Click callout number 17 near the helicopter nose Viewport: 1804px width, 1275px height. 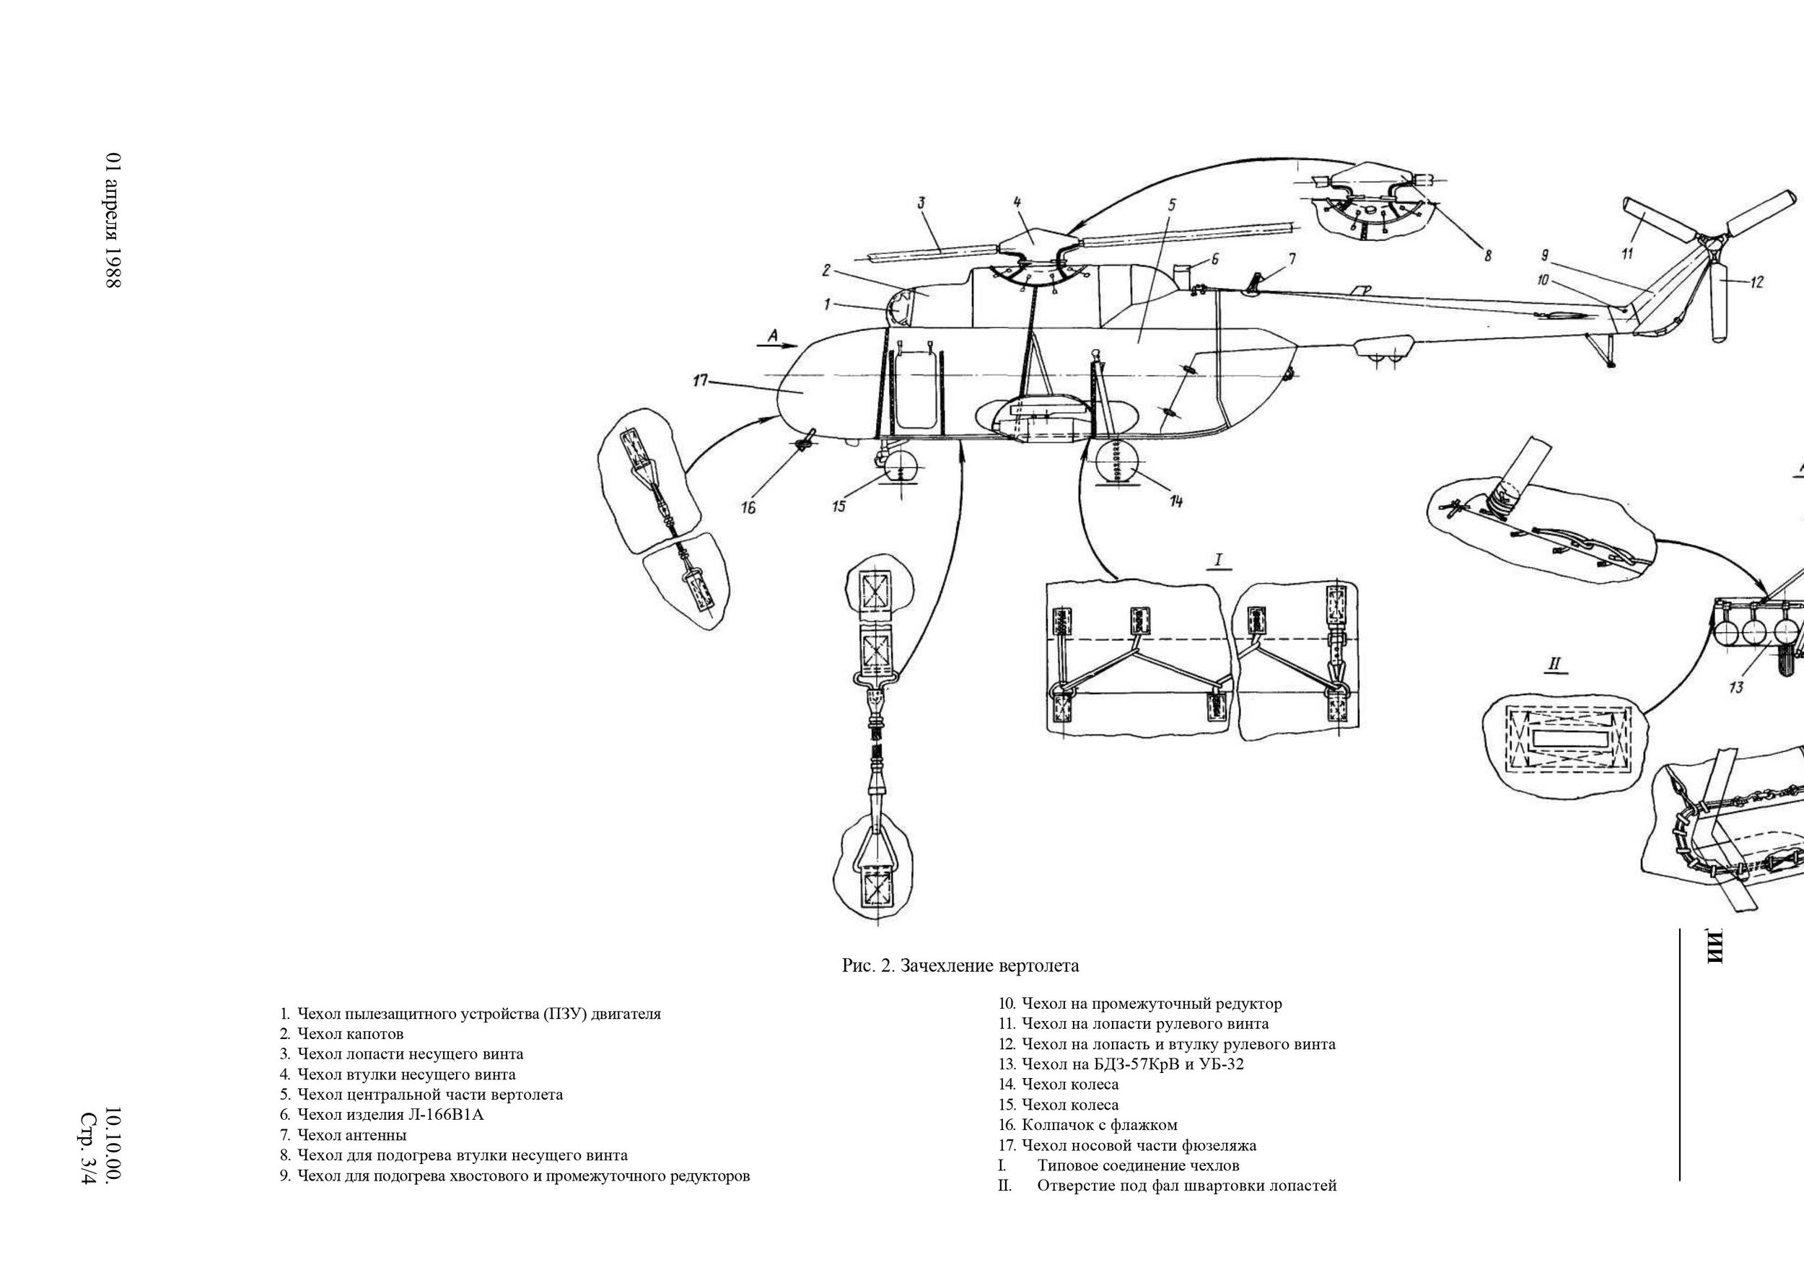point(700,381)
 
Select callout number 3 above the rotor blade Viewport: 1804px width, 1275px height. point(921,203)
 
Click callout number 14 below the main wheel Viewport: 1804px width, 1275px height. point(1176,501)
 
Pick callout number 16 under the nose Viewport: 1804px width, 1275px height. point(748,508)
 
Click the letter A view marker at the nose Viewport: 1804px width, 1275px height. point(772,336)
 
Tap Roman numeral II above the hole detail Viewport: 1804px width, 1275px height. point(1554,665)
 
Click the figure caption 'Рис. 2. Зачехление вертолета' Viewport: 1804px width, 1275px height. point(960,965)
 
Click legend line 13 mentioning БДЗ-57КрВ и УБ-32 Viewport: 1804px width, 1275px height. point(1132,1064)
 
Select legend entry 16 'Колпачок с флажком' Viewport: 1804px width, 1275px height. point(1098,1125)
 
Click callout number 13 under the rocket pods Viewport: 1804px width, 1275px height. point(1735,688)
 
